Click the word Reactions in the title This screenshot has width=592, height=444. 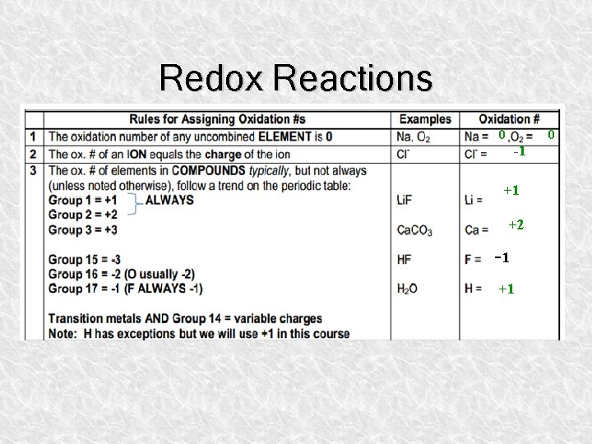(354, 78)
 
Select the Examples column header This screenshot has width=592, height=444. (424, 119)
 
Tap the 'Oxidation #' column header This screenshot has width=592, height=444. (509, 119)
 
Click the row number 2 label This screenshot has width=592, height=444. (33, 154)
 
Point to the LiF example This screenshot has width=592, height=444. (405, 200)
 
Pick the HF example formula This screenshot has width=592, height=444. (404, 259)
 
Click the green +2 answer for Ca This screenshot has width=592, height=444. (516, 224)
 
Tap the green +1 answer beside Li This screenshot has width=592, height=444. (511, 191)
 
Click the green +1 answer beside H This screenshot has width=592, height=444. (506, 289)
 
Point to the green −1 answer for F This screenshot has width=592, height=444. (502, 257)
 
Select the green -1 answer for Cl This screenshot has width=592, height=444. (519, 151)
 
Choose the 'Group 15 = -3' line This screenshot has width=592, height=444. (85, 260)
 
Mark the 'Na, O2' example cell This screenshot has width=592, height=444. (413, 136)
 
